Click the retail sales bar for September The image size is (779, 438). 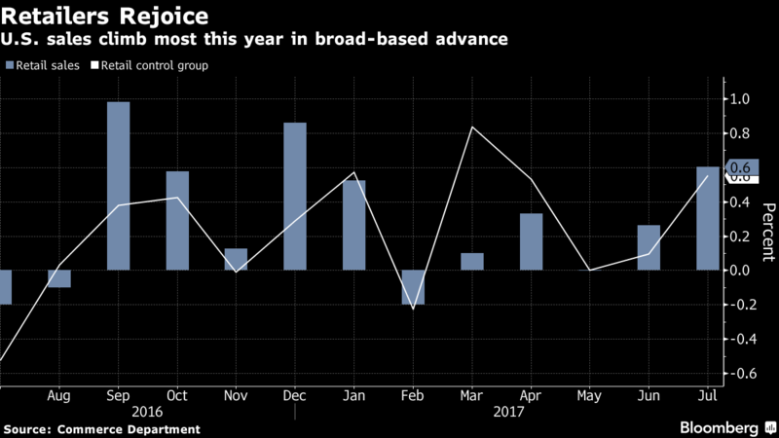click(118, 186)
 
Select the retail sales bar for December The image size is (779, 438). click(295, 197)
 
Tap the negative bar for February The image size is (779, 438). click(413, 287)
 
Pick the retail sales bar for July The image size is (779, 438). click(708, 218)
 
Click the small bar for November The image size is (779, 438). click(236, 259)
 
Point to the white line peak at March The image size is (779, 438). click(471, 128)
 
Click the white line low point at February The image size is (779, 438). click(413, 309)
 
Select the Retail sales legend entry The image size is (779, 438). click(43, 65)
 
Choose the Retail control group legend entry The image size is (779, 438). click(150, 65)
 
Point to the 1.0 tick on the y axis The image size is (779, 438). click(739, 99)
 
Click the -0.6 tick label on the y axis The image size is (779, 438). click(737, 374)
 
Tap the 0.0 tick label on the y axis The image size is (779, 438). click(739, 271)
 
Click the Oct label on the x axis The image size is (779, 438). click(177, 396)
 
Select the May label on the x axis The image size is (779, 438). click(589, 396)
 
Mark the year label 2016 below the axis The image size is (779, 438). click(147, 412)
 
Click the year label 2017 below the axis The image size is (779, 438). click(508, 412)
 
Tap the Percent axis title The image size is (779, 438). click(768, 232)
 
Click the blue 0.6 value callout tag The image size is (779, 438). click(742, 166)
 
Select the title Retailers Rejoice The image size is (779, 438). click(104, 16)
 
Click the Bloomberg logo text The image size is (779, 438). click(719, 427)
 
